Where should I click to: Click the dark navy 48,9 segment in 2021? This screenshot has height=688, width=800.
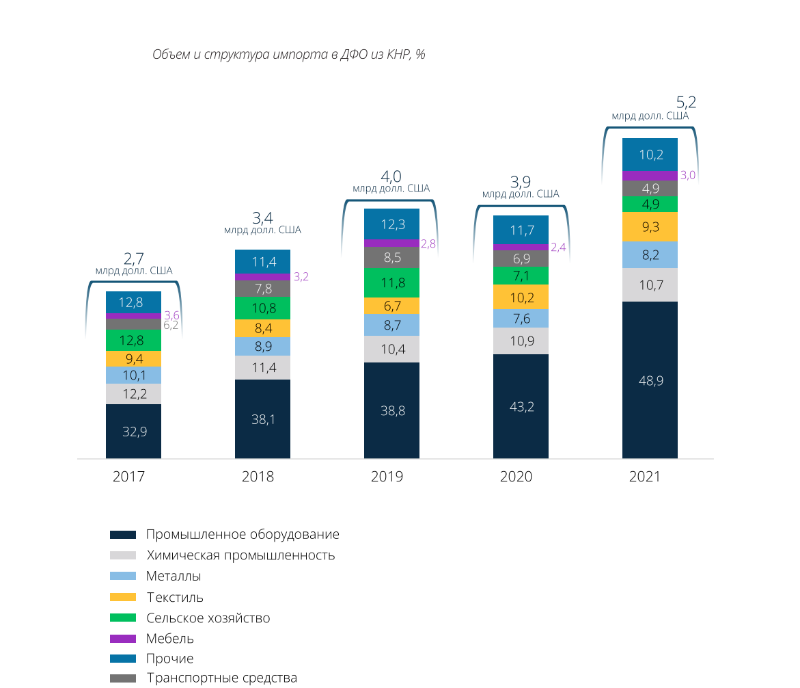tap(650, 380)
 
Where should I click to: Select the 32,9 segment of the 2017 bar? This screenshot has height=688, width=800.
tap(133, 432)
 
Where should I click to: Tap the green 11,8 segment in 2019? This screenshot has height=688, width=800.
tap(391, 282)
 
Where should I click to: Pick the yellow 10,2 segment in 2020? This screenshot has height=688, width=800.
tap(521, 297)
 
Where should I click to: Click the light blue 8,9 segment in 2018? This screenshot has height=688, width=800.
tap(262, 347)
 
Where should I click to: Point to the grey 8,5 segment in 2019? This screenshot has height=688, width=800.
tap(391, 257)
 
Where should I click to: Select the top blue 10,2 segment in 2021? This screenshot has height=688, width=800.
tap(650, 155)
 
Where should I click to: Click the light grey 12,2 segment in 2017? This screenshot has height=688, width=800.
tap(133, 394)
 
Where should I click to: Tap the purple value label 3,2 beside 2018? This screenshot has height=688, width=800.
tap(301, 277)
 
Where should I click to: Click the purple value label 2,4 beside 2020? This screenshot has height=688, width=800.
tap(558, 248)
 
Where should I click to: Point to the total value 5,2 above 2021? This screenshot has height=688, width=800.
tap(686, 103)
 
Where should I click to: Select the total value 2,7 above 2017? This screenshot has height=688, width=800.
tap(134, 259)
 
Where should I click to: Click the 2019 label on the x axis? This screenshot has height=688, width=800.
tap(387, 477)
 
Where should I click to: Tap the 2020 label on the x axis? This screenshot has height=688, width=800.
tap(516, 477)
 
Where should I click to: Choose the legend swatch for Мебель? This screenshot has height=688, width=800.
tap(123, 639)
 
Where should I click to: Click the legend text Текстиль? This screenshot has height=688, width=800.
tap(175, 597)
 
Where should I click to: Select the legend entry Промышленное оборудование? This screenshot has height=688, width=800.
tap(242, 535)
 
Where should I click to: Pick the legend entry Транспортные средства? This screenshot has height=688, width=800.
tap(221, 678)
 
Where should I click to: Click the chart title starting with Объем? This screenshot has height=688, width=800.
tap(288, 55)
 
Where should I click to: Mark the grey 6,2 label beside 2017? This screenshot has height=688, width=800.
tap(171, 326)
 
